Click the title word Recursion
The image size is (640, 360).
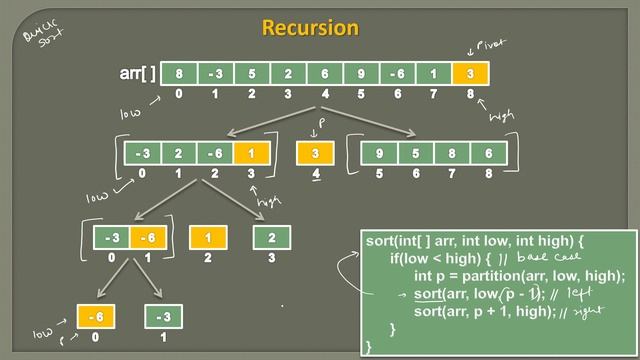[310, 27]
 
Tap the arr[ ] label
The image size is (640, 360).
[136, 73]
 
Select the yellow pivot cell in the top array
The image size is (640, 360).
[469, 73]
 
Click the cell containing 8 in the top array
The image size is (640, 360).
[179, 73]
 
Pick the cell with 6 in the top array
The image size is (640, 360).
[324, 73]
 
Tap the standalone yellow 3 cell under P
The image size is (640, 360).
[316, 153]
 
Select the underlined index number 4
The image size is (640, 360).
[316, 174]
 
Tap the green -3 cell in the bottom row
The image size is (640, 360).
[164, 318]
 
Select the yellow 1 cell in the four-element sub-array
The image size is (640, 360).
[252, 153]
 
